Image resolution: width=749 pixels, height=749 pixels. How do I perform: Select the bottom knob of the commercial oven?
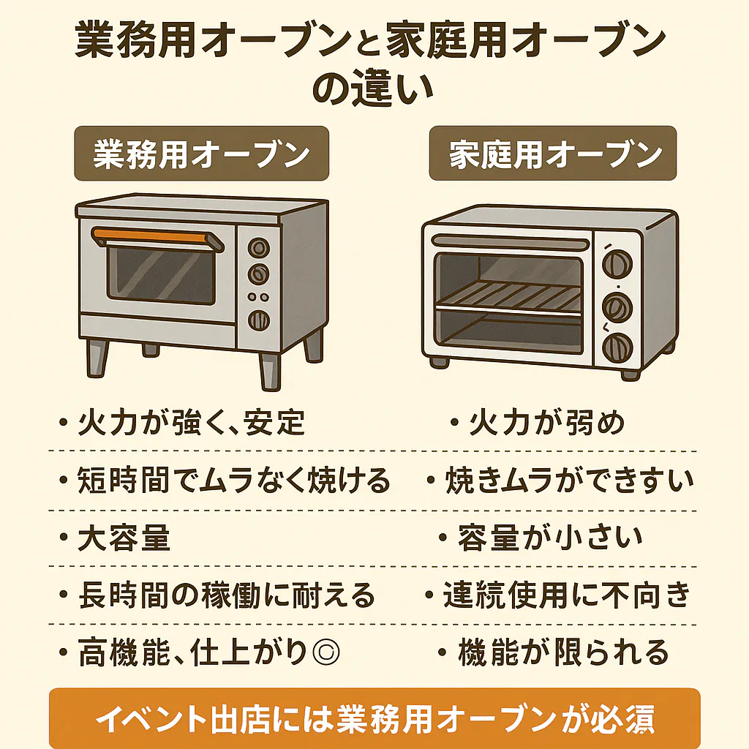point(258,320)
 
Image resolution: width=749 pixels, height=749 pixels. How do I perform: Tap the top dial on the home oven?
point(617,263)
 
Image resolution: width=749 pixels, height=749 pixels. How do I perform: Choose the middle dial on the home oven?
point(617,306)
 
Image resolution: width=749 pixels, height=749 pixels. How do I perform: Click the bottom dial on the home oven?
point(617,348)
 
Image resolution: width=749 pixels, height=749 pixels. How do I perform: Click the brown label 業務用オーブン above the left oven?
point(202,154)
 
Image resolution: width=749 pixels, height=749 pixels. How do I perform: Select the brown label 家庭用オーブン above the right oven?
point(553,154)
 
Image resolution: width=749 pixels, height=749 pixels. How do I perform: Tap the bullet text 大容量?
point(124,538)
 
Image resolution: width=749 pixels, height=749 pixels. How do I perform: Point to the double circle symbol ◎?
point(325,652)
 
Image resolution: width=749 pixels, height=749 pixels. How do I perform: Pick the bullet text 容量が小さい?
point(550,538)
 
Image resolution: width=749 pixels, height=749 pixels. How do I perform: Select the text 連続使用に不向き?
point(567,595)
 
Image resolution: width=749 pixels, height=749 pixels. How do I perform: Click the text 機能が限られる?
point(563,652)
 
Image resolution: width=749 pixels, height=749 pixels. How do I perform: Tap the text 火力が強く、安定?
point(191,423)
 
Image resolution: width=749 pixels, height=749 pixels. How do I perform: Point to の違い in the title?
point(373,89)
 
